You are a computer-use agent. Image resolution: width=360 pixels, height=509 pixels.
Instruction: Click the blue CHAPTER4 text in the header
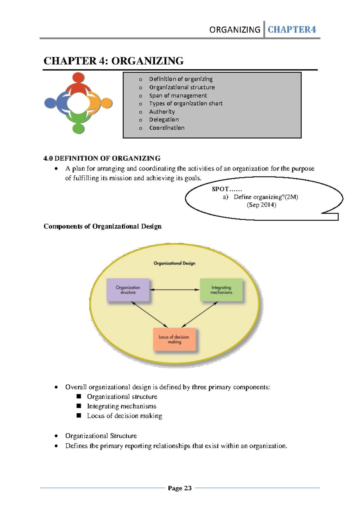pyautogui.click(x=292, y=29)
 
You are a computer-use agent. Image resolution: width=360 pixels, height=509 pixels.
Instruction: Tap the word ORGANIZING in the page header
pyautogui.click(x=235, y=30)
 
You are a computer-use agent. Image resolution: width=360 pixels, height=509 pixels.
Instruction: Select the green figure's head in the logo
pyautogui.click(x=78, y=128)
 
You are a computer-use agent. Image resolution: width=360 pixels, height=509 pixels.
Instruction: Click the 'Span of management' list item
pyautogui.click(x=178, y=95)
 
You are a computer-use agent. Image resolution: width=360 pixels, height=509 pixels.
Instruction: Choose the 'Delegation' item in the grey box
pyautogui.click(x=164, y=119)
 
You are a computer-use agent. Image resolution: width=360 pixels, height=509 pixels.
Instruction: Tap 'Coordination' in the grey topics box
pyautogui.click(x=167, y=128)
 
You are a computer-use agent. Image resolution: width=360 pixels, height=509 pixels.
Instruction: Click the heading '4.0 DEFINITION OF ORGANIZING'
pyautogui.click(x=102, y=158)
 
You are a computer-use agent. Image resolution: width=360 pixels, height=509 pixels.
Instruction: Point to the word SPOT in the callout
pyautogui.click(x=220, y=189)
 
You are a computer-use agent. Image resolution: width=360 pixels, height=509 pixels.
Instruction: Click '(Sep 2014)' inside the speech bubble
pyautogui.click(x=261, y=205)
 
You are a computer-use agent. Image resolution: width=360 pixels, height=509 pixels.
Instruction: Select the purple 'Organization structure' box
pyautogui.click(x=128, y=290)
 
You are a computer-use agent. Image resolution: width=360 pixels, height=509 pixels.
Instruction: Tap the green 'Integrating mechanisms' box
pyautogui.click(x=221, y=290)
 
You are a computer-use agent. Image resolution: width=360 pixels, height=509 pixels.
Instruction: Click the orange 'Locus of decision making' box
pyautogui.click(x=174, y=339)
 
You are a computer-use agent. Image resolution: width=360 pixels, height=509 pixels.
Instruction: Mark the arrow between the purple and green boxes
pyautogui.click(x=174, y=290)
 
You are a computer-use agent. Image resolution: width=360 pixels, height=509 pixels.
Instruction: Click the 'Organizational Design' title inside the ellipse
pyautogui.click(x=174, y=263)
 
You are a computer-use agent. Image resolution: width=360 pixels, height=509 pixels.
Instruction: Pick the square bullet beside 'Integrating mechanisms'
pyautogui.click(x=79, y=406)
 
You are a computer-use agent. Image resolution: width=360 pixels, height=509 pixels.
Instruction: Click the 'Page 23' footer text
pyautogui.click(x=180, y=488)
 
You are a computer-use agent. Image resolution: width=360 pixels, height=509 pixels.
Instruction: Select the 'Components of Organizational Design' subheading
pyautogui.click(x=102, y=226)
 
